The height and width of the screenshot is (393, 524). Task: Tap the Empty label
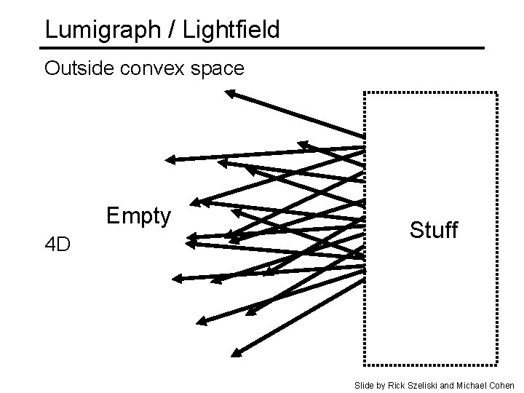tap(138, 216)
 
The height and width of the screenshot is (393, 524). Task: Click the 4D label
tap(57, 245)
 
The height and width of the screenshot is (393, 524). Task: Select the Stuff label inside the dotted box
tap(433, 231)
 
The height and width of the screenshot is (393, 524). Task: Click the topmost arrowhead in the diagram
tap(230, 93)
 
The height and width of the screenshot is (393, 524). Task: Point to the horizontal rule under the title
tap(262, 48)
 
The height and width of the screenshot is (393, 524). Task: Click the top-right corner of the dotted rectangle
tap(497, 93)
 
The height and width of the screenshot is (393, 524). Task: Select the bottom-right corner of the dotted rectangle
tap(497, 362)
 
